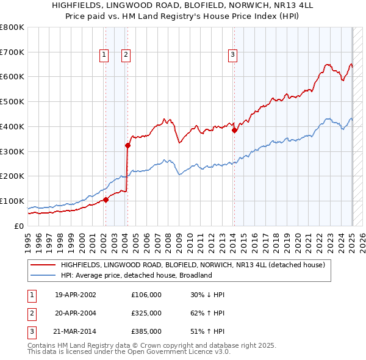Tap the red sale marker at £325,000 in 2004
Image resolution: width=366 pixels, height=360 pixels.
[127, 145]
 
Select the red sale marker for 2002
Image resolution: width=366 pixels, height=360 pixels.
[106, 200]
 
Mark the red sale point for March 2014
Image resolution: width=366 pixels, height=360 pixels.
[234, 130]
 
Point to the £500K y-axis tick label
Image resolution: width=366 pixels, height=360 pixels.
[12, 102]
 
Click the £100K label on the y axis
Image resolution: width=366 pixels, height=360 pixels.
[12, 201]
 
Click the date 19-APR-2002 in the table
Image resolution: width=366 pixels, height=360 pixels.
[76, 295]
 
